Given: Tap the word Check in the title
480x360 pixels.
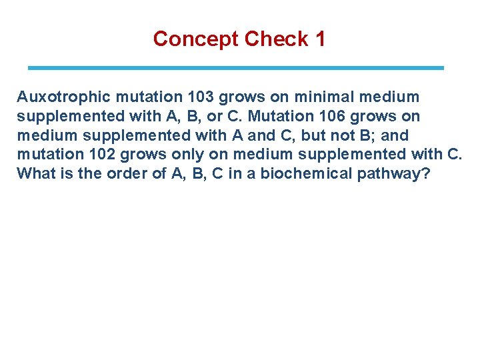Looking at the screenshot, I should (275, 39).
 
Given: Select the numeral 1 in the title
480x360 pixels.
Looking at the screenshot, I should (320, 39).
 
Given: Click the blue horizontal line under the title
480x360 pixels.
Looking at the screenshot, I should (235, 68).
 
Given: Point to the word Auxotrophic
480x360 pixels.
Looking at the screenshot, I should (58, 97).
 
